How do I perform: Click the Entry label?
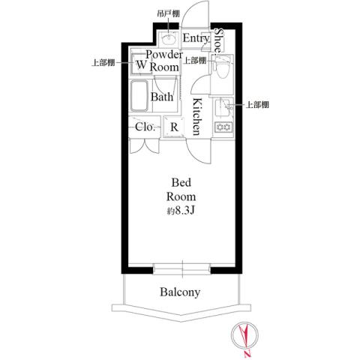click(x=196, y=38)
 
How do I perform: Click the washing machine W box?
click(x=140, y=65)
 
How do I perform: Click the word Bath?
click(x=162, y=97)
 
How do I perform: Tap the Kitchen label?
click(x=195, y=116)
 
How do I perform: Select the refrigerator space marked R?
click(x=174, y=127)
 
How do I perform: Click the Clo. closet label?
click(x=145, y=127)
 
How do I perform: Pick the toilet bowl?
click(x=221, y=70)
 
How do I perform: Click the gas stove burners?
click(x=223, y=128)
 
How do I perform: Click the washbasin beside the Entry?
click(x=168, y=37)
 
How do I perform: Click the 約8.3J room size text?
click(x=182, y=211)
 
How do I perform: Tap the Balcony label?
click(x=180, y=292)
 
